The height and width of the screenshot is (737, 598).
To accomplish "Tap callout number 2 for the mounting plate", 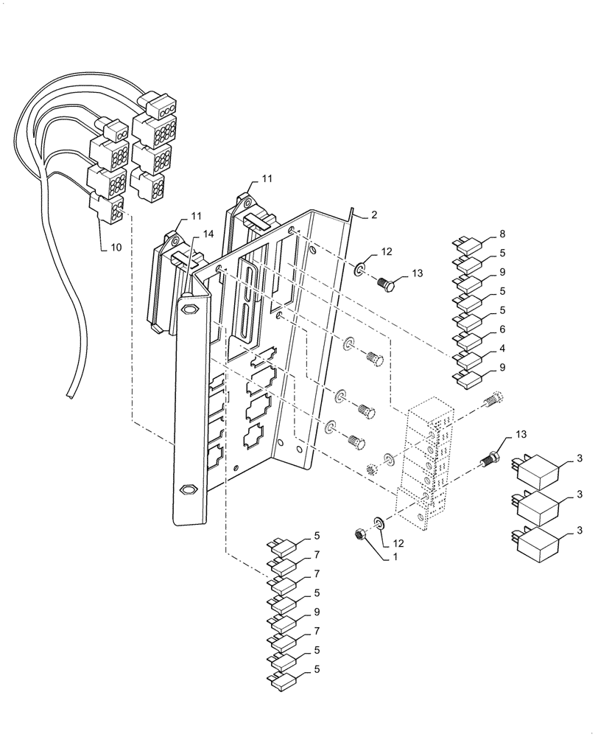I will pyautogui.click(x=374, y=215).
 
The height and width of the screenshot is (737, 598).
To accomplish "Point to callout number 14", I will pyautogui.click(x=208, y=234).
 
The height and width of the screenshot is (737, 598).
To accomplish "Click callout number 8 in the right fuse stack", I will pyautogui.click(x=502, y=234).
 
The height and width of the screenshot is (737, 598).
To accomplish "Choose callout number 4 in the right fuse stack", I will pyautogui.click(x=502, y=349).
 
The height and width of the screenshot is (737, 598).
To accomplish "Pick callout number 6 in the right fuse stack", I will pyautogui.click(x=502, y=329).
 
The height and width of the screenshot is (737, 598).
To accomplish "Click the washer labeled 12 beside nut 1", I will pyautogui.click(x=378, y=524).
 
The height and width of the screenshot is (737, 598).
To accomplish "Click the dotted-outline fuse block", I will pyautogui.click(x=424, y=464).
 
